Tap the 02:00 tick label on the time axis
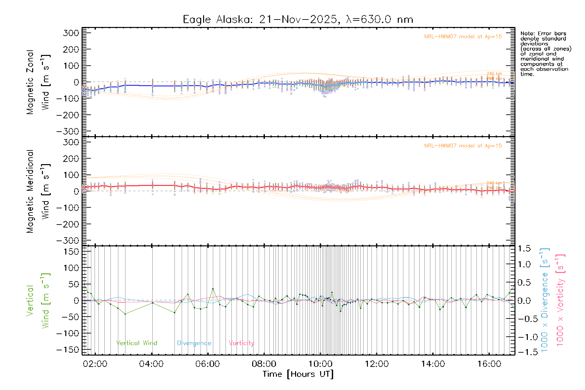[95, 364]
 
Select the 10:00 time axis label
[320, 364]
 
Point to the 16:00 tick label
[489, 364]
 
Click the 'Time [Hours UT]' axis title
[298, 374]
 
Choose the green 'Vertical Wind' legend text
[136, 343]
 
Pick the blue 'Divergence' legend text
[194, 343]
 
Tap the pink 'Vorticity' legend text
[241, 343]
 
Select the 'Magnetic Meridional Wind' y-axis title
[38, 191]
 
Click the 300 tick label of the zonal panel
[71, 33]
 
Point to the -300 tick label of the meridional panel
[68, 240]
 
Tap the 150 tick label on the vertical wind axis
[71, 252]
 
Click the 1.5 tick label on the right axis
[524, 249]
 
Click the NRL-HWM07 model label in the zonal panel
[463, 37]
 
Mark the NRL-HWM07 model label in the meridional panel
[463, 146]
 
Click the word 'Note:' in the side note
[527, 33]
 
